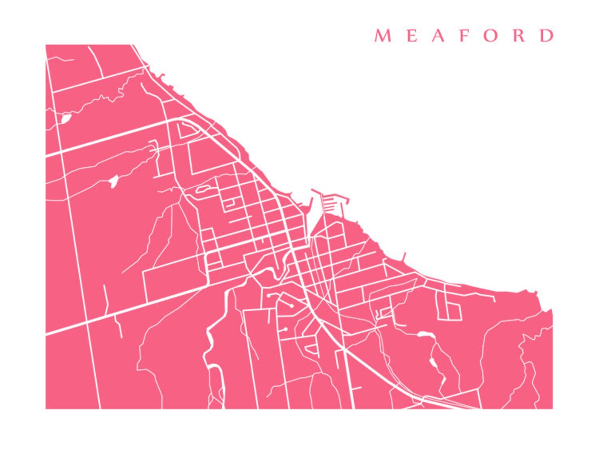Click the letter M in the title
point(382,36)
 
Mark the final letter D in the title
point(546,36)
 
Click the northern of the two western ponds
point(66,118)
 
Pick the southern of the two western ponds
point(112,182)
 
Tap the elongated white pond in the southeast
point(426,334)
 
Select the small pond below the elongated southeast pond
point(433,362)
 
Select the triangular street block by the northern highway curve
point(184,129)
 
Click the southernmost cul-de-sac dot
point(285,330)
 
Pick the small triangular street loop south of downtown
point(312,348)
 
